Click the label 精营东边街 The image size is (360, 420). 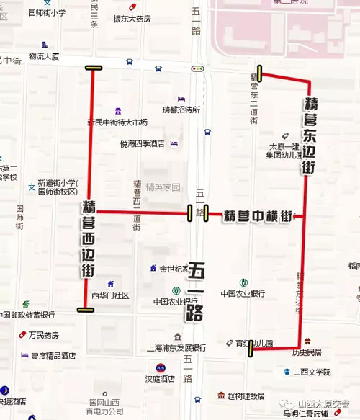[x=310, y=137]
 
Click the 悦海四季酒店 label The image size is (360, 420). [x=143, y=143]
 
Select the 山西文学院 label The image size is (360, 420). [x=312, y=372]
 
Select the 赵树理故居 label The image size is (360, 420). [x=247, y=396]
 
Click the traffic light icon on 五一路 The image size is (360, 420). [x=197, y=68]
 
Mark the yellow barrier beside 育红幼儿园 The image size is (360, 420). [x=251, y=349]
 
